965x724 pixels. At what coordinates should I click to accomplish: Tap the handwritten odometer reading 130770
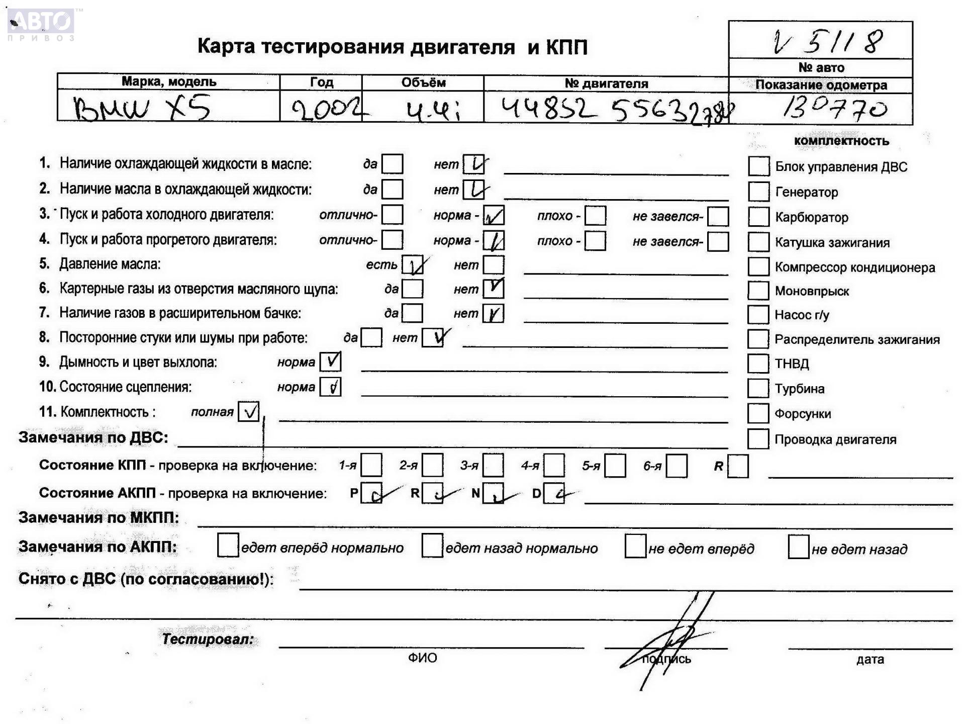tap(835, 108)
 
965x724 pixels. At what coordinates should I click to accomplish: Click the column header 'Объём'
tap(423, 82)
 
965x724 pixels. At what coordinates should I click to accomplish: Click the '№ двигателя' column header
tap(606, 83)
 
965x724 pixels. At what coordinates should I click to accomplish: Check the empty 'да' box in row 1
tap(392, 164)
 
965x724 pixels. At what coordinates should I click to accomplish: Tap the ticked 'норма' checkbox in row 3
tap(494, 216)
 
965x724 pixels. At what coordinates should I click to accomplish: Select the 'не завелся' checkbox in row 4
tap(718, 241)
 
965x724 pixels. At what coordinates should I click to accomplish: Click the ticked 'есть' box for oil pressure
tap(413, 265)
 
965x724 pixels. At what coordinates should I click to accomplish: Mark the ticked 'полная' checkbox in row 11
tap(248, 411)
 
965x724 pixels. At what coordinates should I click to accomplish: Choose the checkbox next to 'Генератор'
tap(758, 192)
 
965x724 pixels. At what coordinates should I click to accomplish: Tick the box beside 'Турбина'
tap(758, 388)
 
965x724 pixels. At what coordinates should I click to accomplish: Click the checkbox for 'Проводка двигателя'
tap(758, 439)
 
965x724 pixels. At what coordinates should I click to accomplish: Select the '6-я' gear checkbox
tap(677, 466)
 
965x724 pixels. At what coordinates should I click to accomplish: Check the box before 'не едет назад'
tap(798, 547)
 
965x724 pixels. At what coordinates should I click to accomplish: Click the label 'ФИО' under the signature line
tap(422, 658)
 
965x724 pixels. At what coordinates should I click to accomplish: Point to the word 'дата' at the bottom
tap(870, 659)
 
